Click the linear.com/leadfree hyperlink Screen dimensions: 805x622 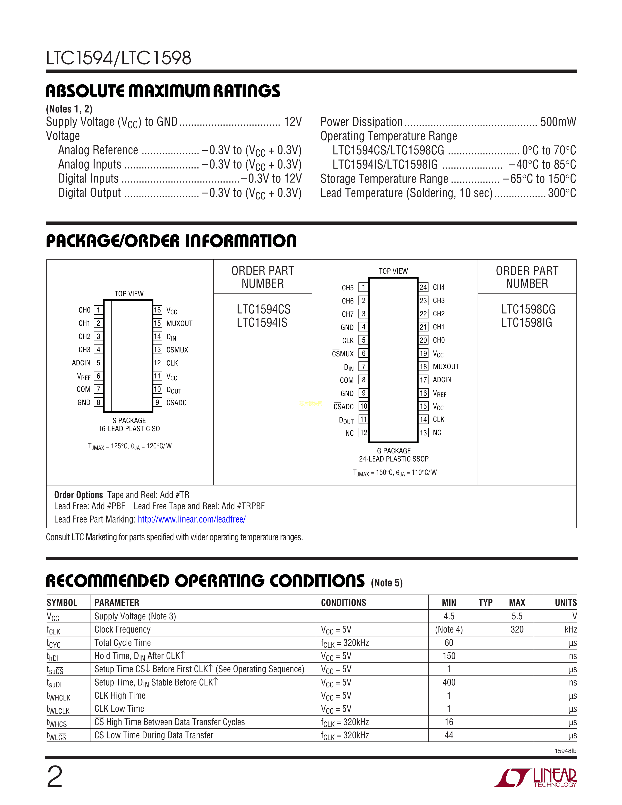pyautogui.click(x=192, y=519)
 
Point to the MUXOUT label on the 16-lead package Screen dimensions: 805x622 pyautogui.click(x=180, y=323)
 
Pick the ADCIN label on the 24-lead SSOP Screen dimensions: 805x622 pyautogui.click(x=442, y=380)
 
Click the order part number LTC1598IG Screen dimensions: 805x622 pyautogui.click(x=527, y=322)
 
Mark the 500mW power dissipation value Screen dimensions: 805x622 pyautogui.click(x=558, y=122)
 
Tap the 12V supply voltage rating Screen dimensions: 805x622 pyautogui.click(x=293, y=122)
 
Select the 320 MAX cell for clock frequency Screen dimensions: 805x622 pyautogui.click(x=517, y=629)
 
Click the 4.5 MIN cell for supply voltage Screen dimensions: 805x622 pyautogui.click(x=449, y=616)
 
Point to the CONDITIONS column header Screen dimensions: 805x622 pyautogui.click(x=343, y=603)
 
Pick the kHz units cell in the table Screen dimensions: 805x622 pyautogui.click(x=571, y=629)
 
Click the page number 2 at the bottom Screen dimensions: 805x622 pyautogui.click(x=55, y=777)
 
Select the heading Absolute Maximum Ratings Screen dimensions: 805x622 pyautogui.click(x=163, y=91)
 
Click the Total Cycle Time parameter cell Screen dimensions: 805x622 pyautogui.click(x=123, y=643)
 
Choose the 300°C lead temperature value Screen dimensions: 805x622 pyautogui.click(x=562, y=193)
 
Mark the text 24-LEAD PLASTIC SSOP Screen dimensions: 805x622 pyautogui.click(x=393, y=459)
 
